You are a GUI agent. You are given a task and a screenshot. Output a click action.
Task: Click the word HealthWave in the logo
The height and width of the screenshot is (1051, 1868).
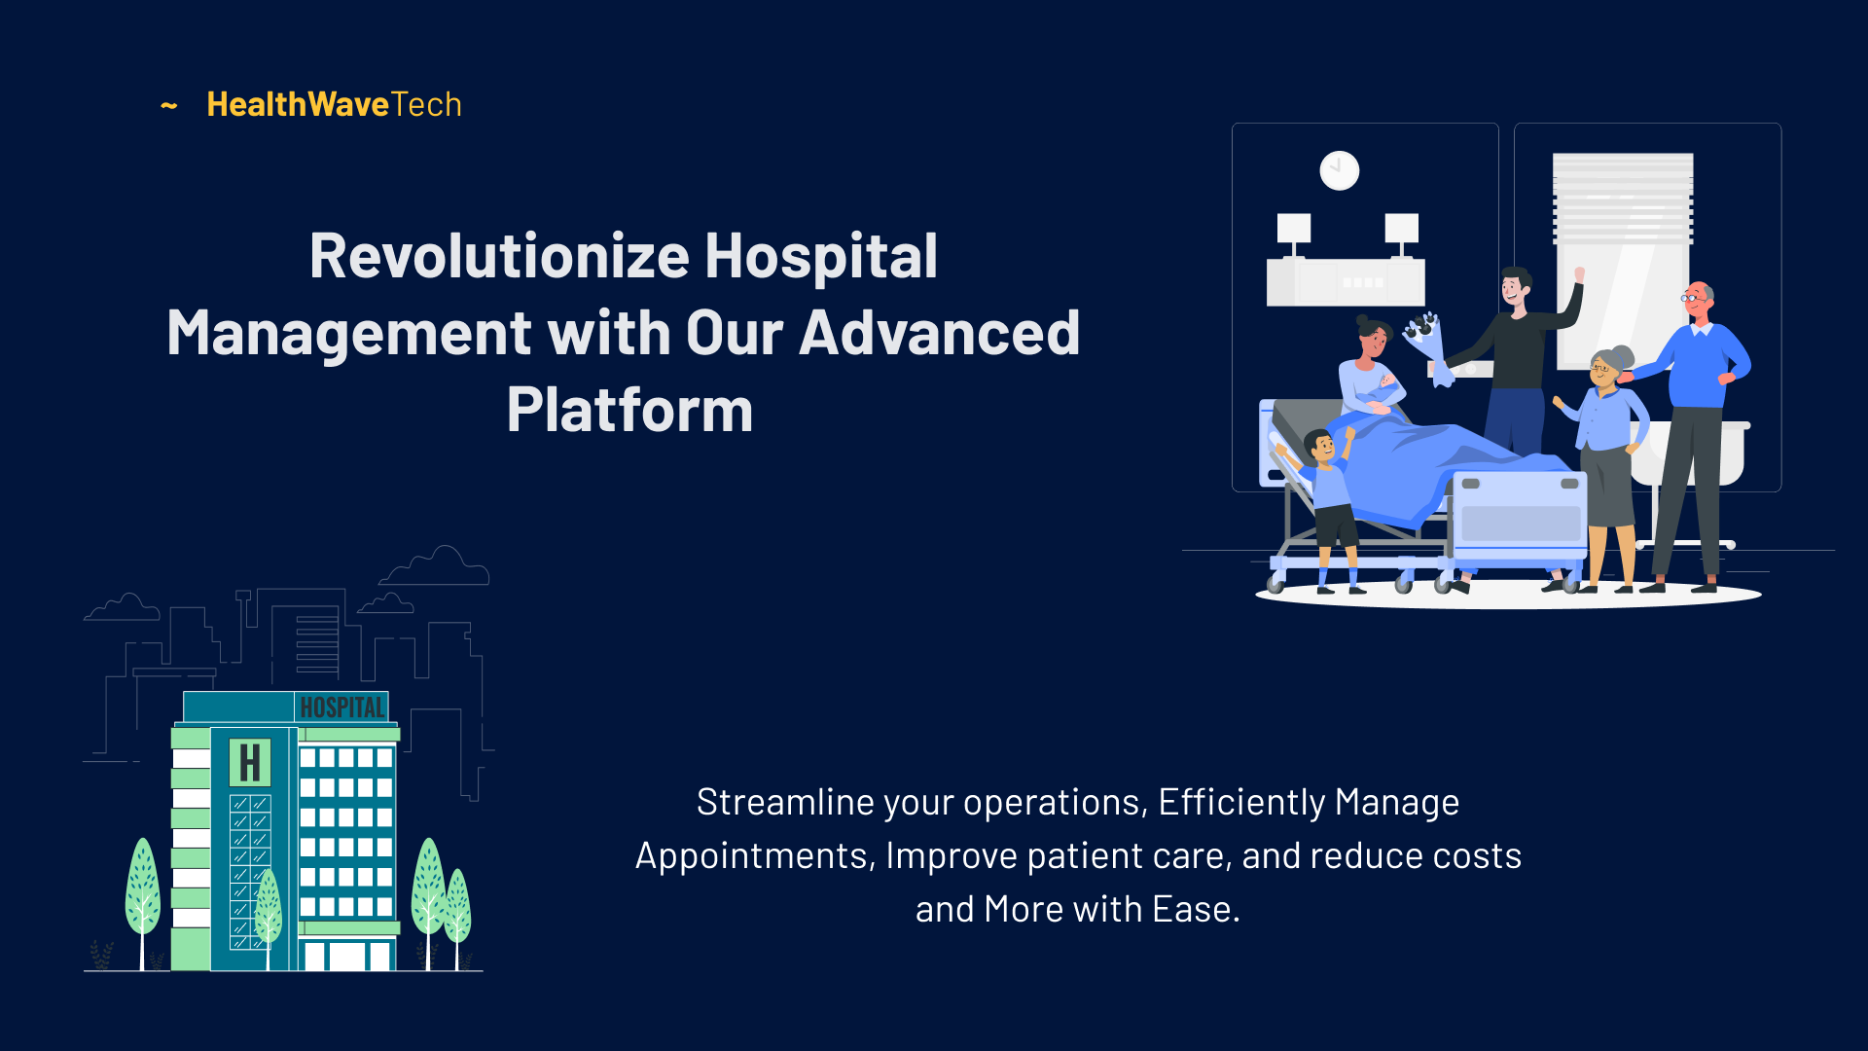click(298, 104)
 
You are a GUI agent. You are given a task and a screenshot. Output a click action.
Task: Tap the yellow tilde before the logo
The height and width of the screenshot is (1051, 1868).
click(169, 105)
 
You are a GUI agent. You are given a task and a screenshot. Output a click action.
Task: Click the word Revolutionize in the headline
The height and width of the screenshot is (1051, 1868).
click(500, 256)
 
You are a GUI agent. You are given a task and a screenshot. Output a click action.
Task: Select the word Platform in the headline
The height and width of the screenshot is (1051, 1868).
click(629, 410)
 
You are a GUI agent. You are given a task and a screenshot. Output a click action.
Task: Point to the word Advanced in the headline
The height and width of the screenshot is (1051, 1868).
click(940, 333)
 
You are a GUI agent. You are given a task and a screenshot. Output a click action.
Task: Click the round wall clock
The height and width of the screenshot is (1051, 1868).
click(1340, 170)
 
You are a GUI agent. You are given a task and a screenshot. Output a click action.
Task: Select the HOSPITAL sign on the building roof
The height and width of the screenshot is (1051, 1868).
click(341, 707)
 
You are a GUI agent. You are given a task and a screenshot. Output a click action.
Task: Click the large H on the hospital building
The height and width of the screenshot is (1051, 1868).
click(250, 763)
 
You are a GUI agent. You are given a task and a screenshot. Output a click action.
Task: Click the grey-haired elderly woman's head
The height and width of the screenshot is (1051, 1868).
click(1607, 366)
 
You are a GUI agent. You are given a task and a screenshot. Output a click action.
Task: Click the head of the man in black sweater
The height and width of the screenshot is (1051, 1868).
click(1516, 287)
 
